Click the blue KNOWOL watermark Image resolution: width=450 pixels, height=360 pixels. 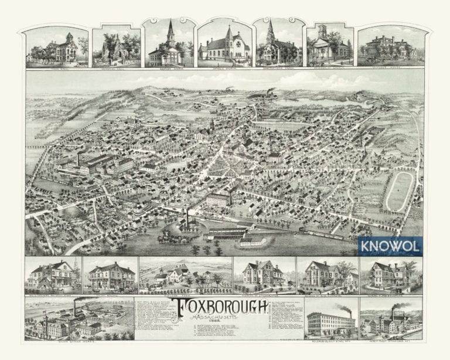pyautogui.click(x=398, y=246)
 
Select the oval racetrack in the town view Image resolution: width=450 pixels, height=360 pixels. pyautogui.click(x=398, y=191)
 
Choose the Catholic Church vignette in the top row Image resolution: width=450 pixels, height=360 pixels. pyautogui.click(x=225, y=45)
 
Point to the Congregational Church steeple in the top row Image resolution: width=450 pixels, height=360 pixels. pyautogui.click(x=271, y=29)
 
